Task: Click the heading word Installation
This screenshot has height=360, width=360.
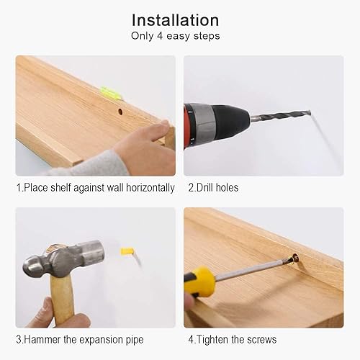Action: [175, 19]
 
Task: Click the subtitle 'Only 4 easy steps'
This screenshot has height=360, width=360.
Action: [175, 36]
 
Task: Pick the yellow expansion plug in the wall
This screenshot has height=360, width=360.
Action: [127, 252]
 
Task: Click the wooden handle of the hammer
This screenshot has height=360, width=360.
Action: [63, 302]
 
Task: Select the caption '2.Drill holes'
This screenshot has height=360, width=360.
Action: [213, 188]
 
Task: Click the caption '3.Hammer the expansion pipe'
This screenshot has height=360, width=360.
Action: [80, 339]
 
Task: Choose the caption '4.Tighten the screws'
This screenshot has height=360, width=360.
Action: [232, 339]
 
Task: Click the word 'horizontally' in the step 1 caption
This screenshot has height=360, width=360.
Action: [150, 188]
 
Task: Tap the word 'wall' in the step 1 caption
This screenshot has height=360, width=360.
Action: [112, 188]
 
